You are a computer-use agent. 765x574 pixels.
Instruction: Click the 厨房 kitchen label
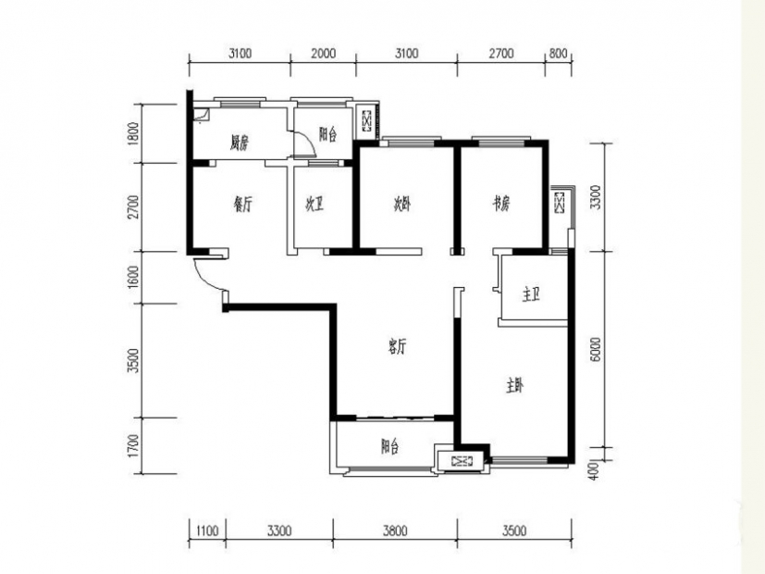[240, 143]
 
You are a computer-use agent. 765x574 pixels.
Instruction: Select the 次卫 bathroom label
[315, 205]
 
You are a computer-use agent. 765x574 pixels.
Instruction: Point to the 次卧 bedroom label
[402, 204]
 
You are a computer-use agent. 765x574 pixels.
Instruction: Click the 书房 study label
[500, 203]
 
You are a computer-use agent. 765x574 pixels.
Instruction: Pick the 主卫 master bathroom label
[531, 294]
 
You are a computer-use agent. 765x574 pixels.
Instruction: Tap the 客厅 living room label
[397, 347]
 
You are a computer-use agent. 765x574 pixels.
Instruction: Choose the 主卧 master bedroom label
[514, 387]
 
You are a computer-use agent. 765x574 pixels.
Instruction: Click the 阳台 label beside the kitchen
[327, 134]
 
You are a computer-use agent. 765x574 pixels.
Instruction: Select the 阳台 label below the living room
[390, 446]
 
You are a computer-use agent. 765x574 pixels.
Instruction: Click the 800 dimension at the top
[558, 53]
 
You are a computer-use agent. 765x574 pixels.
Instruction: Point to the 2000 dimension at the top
[324, 53]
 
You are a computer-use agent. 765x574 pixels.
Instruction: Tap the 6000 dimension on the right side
[595, 349]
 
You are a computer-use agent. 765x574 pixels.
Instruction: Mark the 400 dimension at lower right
[593, 470]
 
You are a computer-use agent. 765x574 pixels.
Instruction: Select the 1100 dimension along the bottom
[207, 530]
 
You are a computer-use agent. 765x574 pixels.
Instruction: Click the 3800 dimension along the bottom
[395, 530]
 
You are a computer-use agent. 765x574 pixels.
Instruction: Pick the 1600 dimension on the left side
[133, 277]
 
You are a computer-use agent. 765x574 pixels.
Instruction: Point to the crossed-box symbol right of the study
[559, 203]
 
